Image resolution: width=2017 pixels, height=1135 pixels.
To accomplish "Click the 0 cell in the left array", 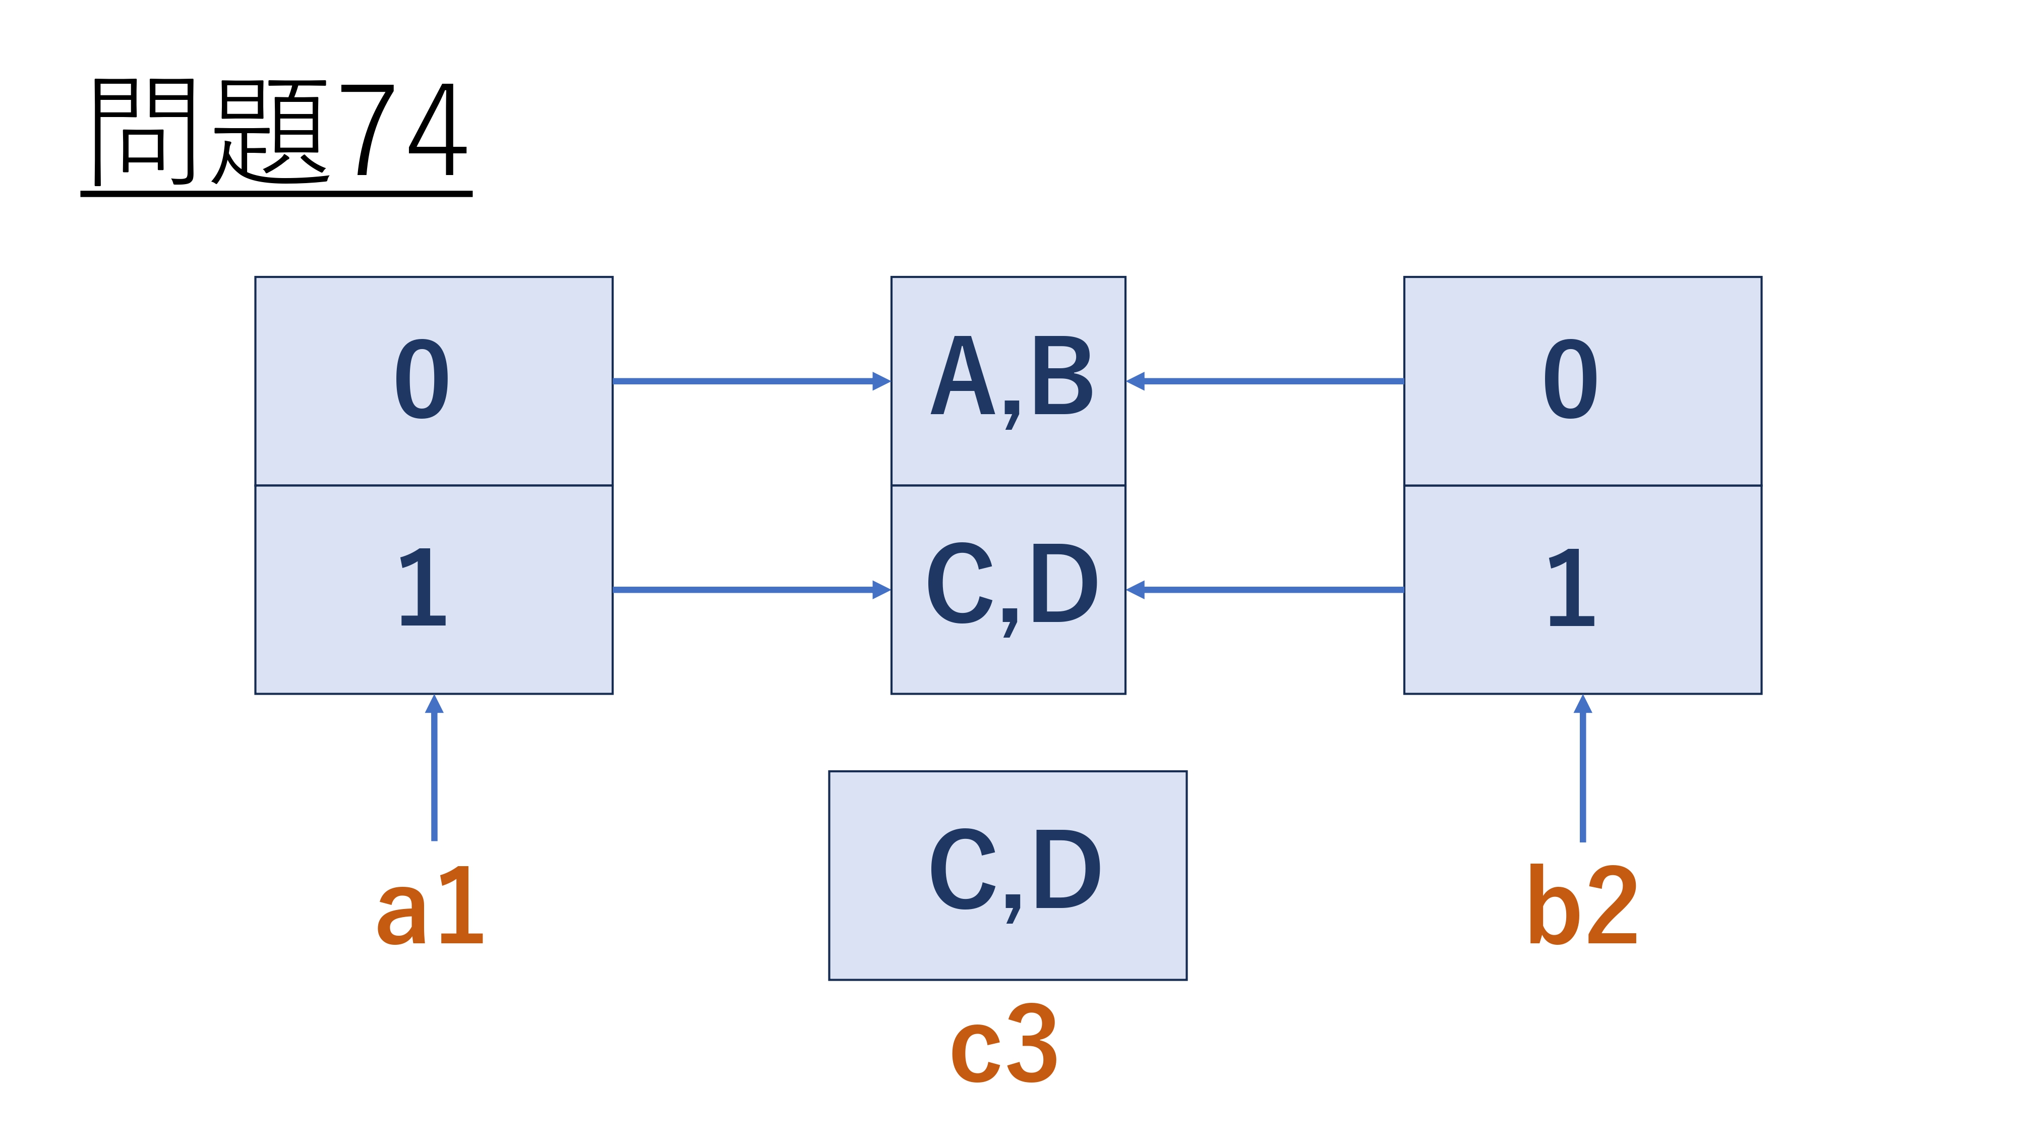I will pos(434,381).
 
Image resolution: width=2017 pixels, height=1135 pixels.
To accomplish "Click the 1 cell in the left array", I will pos(434,589).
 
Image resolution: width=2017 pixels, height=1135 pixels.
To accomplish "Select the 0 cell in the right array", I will pos(1582,381).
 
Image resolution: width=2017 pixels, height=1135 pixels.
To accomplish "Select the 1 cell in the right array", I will pos(1582,589).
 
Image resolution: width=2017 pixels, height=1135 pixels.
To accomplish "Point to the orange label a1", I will pos(430,906).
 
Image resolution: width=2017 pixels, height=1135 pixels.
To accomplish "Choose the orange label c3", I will pos(1004,1044).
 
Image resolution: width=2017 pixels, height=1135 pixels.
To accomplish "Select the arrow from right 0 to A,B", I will pos(1265,381).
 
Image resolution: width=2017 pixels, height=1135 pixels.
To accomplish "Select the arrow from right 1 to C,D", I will pos(1265,589).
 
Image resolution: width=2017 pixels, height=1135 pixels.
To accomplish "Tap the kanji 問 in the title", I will pos(143,131).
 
